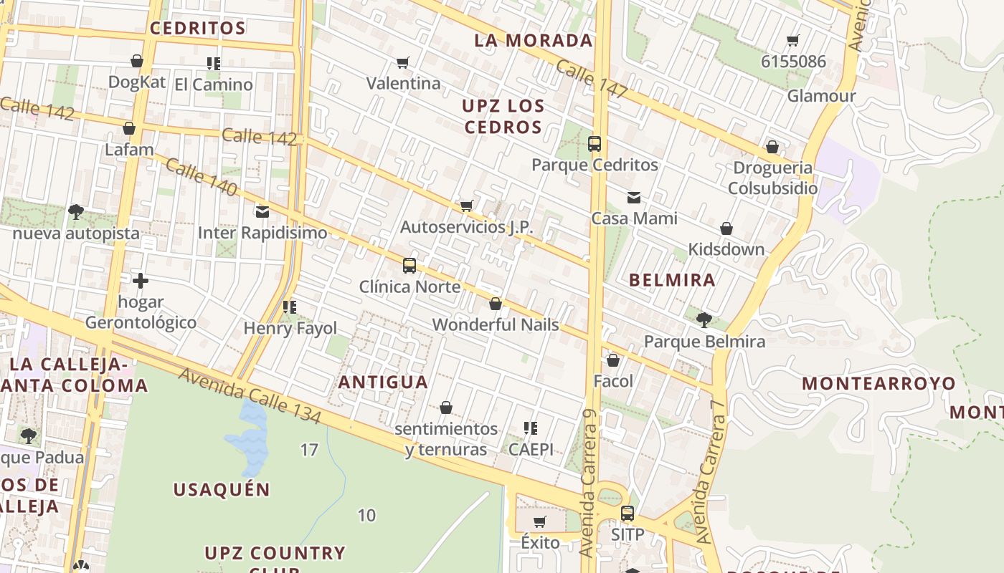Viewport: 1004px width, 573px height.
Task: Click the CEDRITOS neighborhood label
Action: click(197, 28)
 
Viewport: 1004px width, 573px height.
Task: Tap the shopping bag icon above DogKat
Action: click(137, 62)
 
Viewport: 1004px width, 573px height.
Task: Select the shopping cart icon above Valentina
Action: click(403, 63)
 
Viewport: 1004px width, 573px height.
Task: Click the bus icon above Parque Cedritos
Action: click(595, 144)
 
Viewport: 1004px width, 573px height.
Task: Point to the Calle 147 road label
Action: click(592, 80)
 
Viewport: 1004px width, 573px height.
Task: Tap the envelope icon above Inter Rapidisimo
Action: click(262, 212)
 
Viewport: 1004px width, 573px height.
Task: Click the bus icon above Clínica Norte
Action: click(409, 266)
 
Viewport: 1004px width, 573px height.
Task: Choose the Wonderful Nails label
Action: click(496, 324)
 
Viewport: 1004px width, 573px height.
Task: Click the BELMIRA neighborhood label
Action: click(672, 280)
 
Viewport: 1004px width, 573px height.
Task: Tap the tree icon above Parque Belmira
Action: click(704, 319)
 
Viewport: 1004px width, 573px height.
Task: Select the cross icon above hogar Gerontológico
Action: click(141, 281)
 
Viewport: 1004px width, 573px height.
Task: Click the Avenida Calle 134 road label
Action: click(250, 395)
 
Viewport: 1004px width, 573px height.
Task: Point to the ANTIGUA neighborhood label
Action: click(383, 382)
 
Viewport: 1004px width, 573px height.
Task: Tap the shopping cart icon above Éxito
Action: click(540, 521)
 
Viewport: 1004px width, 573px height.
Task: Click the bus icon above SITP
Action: click(627, 514)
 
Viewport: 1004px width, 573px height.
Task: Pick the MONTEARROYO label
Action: click(879, 383)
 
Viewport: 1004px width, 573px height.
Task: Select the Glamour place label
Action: click(822, 96)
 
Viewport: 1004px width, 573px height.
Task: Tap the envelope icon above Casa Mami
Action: click(634, 198)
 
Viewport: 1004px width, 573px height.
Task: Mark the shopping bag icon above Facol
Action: click(613, 360)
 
